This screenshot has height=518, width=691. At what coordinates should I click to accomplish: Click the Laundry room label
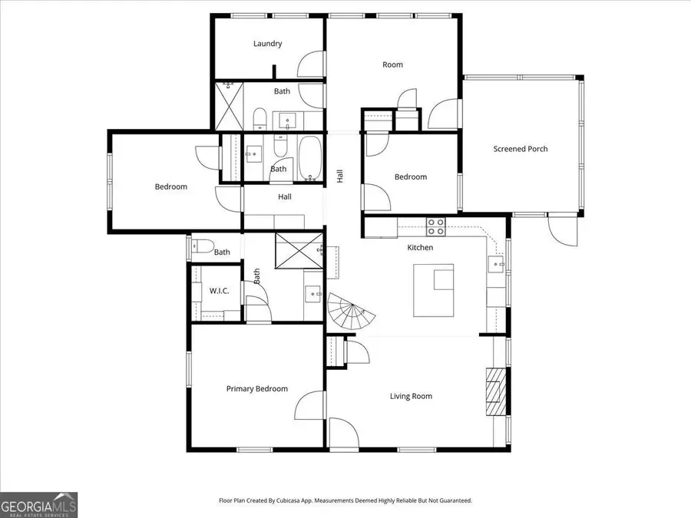coord(267,44)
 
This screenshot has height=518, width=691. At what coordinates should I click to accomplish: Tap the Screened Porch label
coord(520,149)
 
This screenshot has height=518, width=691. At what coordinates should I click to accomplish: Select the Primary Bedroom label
coord(256,389)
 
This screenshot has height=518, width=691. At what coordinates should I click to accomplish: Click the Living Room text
coord(411,397)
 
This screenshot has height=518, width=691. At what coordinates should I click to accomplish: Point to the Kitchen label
coord(420,248)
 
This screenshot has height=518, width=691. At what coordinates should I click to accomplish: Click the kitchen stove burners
coord(436,226)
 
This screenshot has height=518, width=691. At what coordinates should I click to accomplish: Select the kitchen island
coord(434,290)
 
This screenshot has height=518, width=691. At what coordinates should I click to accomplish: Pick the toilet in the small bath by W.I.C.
coord(203,248)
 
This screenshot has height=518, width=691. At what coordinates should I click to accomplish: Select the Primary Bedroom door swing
coord(310,405)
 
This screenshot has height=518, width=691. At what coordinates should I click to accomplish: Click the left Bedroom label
coord(170,186)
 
